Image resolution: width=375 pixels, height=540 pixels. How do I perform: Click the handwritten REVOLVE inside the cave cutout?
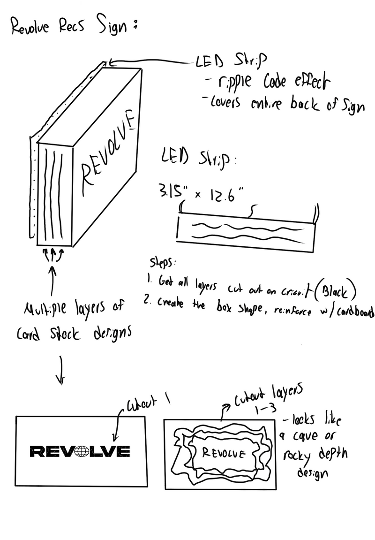223,453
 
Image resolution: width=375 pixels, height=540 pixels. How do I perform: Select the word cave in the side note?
308,437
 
